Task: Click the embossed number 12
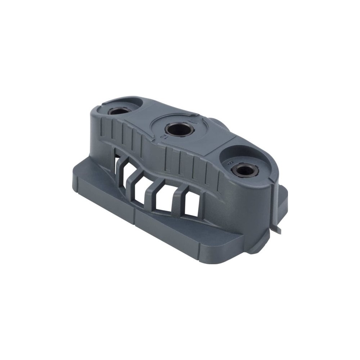(164, 137)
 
